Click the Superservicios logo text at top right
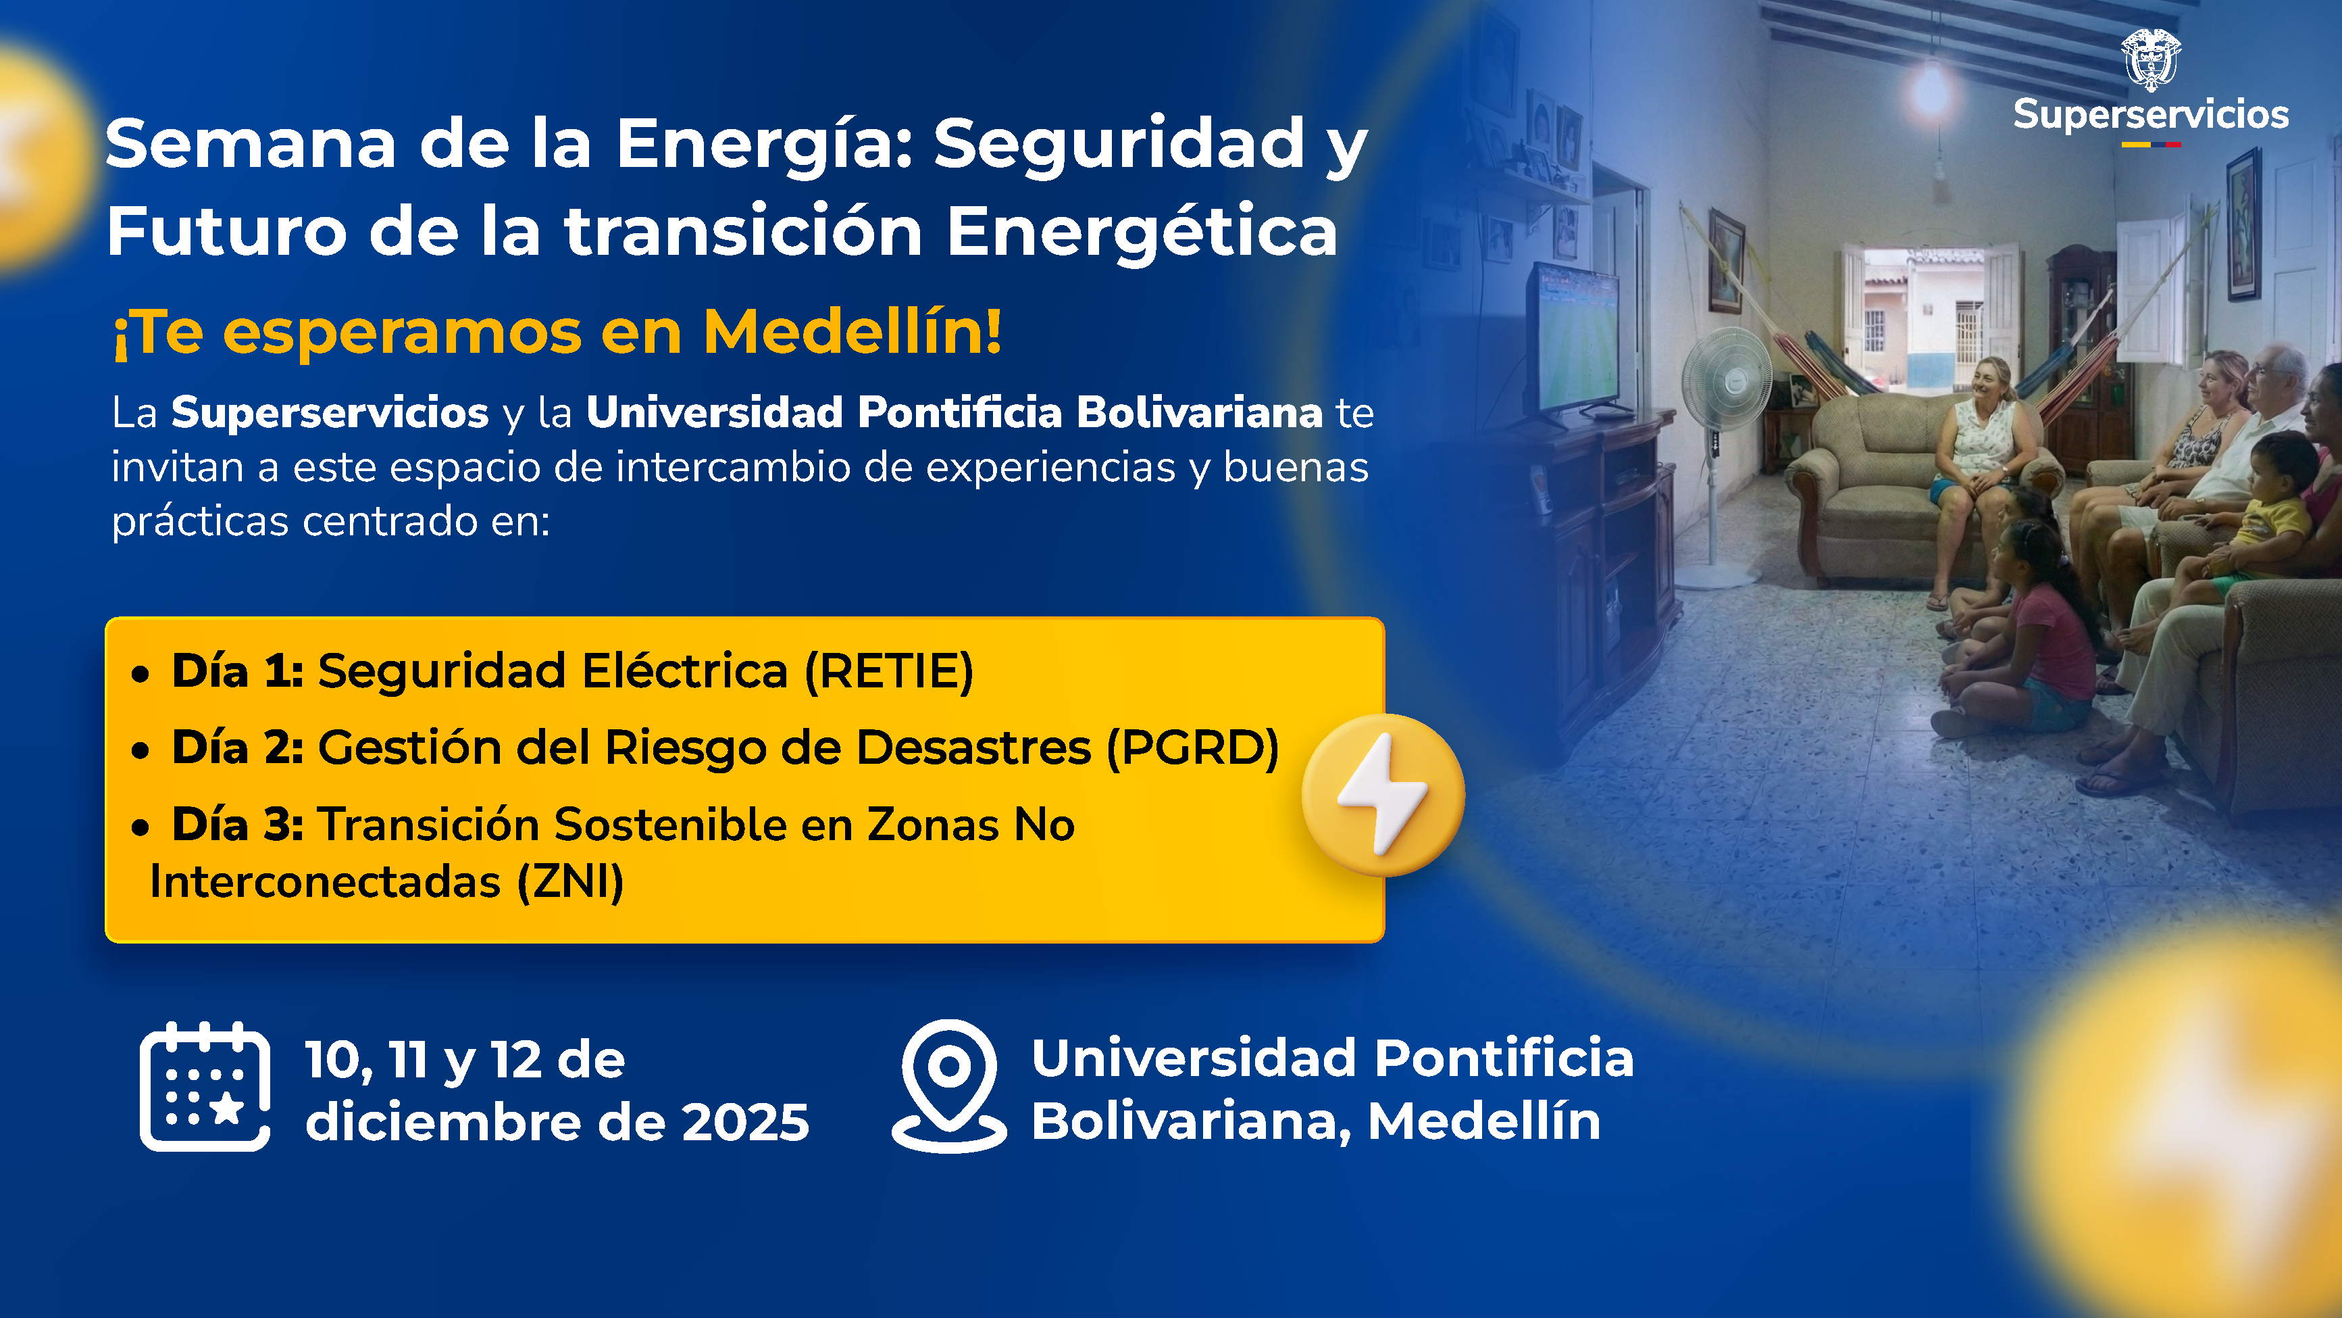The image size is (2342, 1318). pos(2150,116)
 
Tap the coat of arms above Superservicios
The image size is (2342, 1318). pos(2151,59)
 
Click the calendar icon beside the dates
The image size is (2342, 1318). pos(205,1087)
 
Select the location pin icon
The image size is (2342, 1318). pos(949,1084)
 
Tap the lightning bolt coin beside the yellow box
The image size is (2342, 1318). pos(1383,795)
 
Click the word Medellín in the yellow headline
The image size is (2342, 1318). pos(852,332)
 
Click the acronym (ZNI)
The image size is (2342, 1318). pos(571,882)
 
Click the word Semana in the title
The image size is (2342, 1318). pos(251,145)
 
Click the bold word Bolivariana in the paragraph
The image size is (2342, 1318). pos(1199,413)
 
